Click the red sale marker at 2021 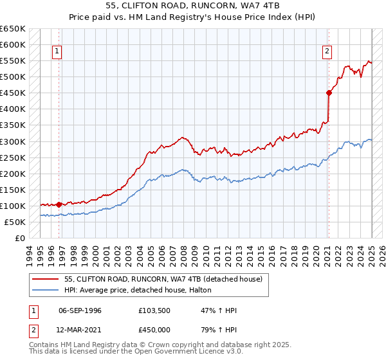coord(329,93)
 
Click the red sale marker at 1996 coord(59,204)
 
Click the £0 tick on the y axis coord(21,238)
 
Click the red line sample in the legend coord(46,280)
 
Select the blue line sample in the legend coord(46,291)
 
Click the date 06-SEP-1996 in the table coord(80,311)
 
